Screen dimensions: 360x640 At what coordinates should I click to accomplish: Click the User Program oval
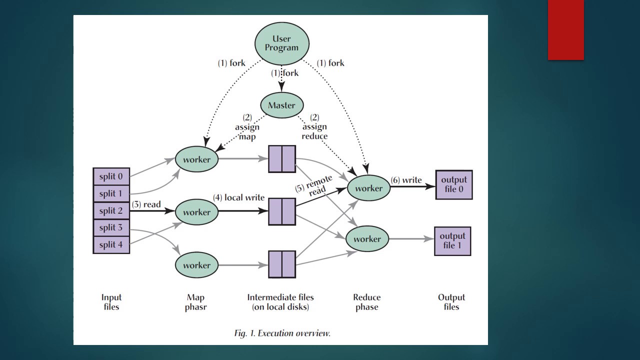point(282,43)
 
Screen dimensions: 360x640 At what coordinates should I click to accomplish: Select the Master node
point(282,105)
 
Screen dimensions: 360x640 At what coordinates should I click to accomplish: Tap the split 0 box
point(111,176)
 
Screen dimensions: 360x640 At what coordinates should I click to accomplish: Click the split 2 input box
point(111,211)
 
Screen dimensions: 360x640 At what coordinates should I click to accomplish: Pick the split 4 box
point(111,244)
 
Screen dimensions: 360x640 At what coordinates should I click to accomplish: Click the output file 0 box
point(454,184)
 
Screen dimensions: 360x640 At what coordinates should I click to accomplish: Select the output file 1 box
point(452,241)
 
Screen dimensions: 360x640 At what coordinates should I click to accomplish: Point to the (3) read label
point(146,204)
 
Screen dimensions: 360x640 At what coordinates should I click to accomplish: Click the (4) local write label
point(238,197)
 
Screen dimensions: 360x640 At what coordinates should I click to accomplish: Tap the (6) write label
point(406,180)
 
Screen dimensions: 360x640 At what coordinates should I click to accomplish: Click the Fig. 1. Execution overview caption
point(282,333)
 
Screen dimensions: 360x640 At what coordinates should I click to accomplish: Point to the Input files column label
point(111,302)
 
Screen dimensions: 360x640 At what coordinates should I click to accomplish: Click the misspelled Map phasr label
point(195,302)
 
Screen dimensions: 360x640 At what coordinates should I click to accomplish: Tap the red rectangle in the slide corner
point(565,30)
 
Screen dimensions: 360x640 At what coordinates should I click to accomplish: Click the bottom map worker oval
point(196,265)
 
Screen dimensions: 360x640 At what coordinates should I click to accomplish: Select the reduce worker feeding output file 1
point(367,239)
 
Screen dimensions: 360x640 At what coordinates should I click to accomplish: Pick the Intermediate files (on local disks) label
point(280,302)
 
